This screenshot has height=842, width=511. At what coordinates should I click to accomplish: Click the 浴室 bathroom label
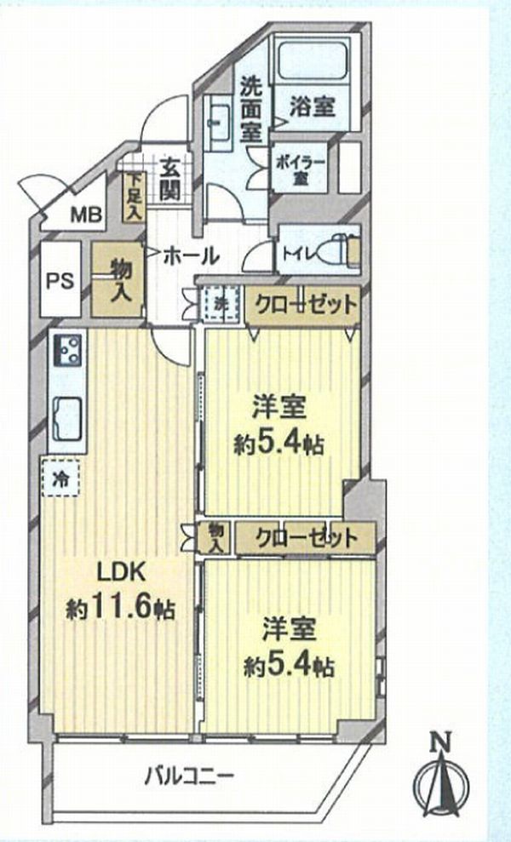pos(313,107)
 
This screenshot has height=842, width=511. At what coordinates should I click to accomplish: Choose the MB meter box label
pos(87,215)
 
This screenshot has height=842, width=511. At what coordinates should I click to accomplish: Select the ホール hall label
pos(190,255)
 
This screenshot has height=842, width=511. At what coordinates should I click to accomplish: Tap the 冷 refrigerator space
pos(60,478)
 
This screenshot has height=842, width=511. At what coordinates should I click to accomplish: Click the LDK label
pos(120,572)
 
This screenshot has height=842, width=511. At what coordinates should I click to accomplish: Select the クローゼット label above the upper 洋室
pos(305,305)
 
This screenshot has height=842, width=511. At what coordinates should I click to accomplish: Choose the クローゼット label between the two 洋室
pos(306,537)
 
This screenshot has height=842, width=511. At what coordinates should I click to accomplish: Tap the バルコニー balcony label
pos(190,776)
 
